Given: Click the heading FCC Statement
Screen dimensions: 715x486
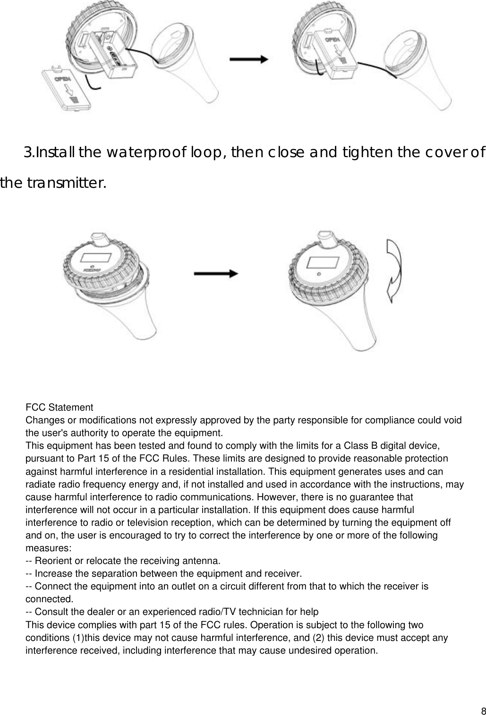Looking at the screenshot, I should [x=59, y=407].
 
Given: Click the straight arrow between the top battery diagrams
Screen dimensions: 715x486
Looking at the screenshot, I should [x=248, y=59].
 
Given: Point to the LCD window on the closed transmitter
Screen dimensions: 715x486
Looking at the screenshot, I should [x=324, y=261].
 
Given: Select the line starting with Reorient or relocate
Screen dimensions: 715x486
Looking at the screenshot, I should [x=123, y=561].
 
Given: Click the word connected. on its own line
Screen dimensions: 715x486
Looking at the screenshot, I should [x=49, y=600].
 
